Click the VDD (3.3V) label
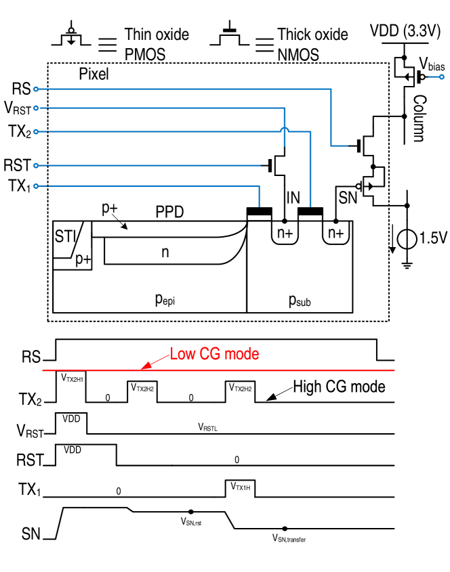(x=405, y=31)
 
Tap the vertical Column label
(x=419, y=118)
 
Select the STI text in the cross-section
(x=66, y=236)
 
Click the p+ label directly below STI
(x=83, y=259)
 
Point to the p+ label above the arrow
(x=110, y=208)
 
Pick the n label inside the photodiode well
(x=165, y=252)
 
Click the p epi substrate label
(x=165, y=299)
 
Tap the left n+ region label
(x=285, y=234)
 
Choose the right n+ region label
(x=335, y=234)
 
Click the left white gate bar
(x=259, y=217)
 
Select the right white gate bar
(x=310, y=217)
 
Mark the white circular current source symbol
(x=407, y=239)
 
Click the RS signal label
(x=30, y=357)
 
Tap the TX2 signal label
(x=30, y=400)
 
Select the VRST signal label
(x=30, y=431)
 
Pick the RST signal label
(x=30, y=460)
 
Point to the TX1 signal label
(x=30, y=489)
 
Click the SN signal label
(x=31, y=534)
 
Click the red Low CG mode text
(x=214, y=353)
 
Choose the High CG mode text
(x=339, y=387)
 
